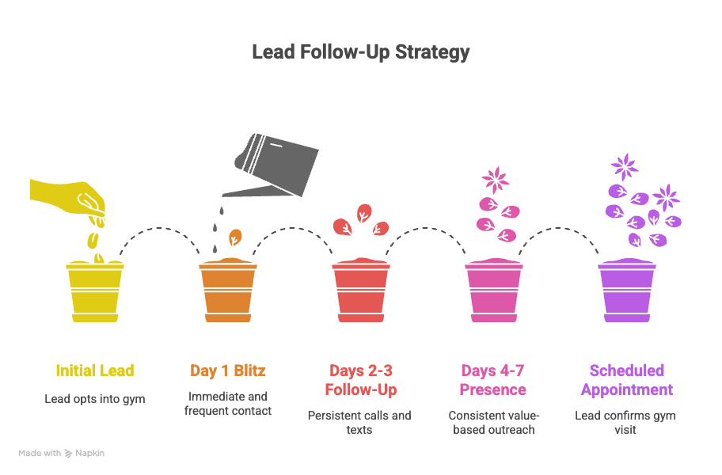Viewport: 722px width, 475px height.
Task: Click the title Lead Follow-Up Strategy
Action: tap(360, 52)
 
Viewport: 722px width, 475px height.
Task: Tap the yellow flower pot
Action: tap(94, 291)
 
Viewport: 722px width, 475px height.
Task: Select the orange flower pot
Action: tap(227, 291)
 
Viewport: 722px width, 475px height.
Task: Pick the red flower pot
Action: tap(360, 291)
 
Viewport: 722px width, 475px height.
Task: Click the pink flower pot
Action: tap(493, 291)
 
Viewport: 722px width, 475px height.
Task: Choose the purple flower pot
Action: tap(626, 291)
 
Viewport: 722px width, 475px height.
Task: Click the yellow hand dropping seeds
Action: tap(71, 198)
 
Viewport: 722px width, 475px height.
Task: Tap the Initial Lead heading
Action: tap(94, 370)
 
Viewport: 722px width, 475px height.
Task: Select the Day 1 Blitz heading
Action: tap(227, 370)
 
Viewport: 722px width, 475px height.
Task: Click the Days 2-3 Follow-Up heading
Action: tap(360, 380)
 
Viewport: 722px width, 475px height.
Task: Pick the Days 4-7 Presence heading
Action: tap(493, 380)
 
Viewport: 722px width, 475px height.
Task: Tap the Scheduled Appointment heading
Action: tap(626, 380)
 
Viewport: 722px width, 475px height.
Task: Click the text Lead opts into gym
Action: tap(94, 399)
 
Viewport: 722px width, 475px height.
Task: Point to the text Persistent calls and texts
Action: tap(360, 423)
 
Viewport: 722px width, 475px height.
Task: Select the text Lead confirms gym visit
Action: tap(626, 423)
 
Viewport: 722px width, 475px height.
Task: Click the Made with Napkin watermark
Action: tap(62, 454)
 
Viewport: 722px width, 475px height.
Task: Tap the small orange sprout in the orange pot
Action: tap(234, 238)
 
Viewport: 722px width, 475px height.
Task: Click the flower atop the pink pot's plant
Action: tap(496, 179)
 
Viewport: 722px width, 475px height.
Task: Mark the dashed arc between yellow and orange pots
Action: tap(161, 230)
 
